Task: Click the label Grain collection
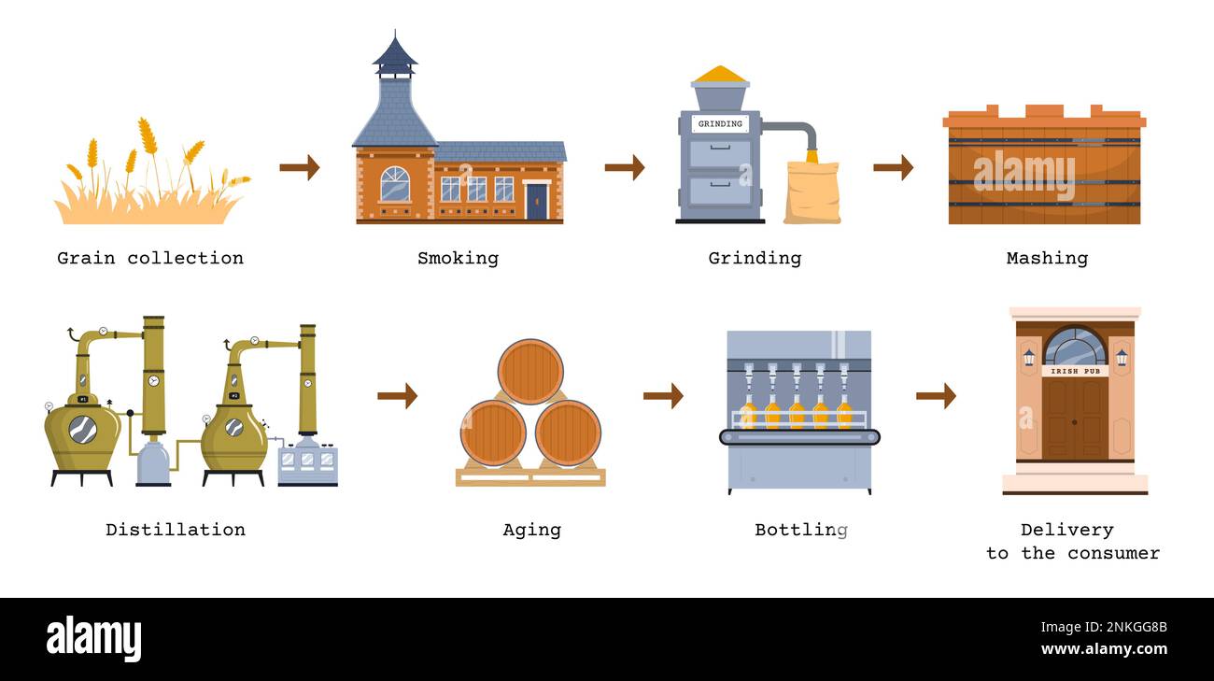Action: [150, 258]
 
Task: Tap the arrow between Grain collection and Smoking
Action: [299, 167]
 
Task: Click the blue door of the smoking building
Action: [537, 201]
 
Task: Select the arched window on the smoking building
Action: [395, 184]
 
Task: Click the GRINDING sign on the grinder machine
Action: [720, 123]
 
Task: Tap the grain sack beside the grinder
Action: [812, 192]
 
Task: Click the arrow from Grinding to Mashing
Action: [893, 167]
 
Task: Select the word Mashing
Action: [1047, 258]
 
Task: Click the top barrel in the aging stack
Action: [530, 371]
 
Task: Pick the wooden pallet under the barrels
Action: [530, 476]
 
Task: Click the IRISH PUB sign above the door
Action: [1075, 371]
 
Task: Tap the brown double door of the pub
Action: [1075, 418]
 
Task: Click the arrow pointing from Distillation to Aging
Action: [397, 396]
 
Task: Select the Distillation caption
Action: [176, 530]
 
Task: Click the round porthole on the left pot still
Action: [82, 429]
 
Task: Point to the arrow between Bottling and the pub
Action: [936, 396]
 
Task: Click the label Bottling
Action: [801, 530]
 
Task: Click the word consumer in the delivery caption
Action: [1113, 553]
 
